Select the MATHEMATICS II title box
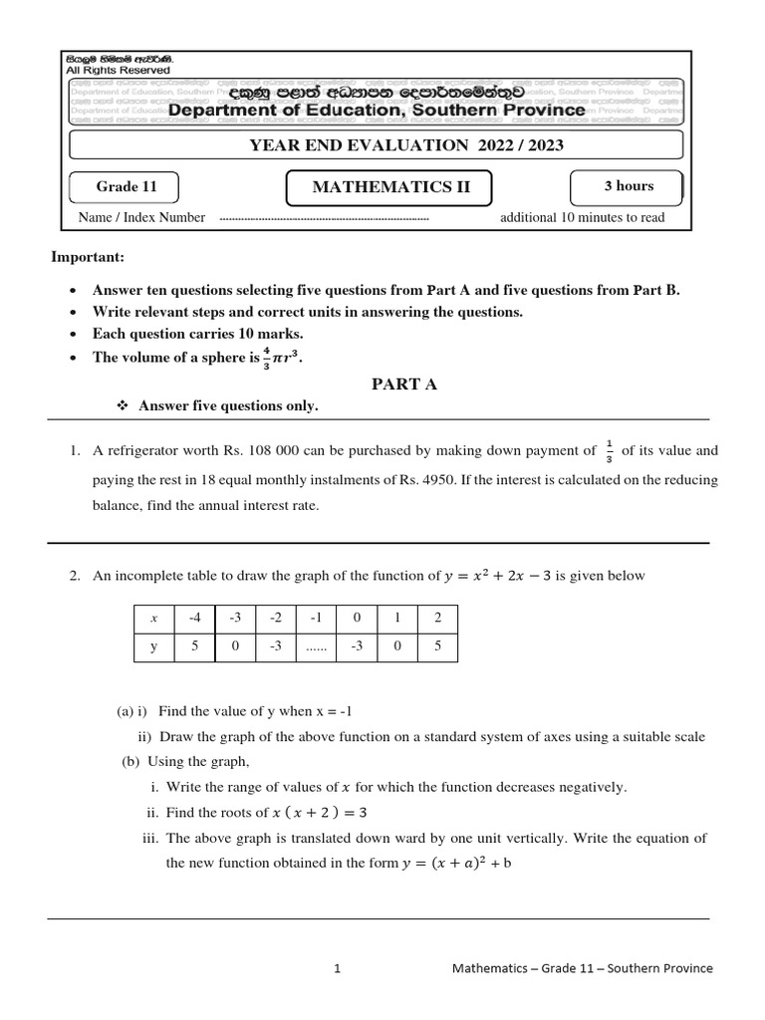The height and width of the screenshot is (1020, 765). click(391, 187)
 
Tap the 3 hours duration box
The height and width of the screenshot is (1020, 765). click(628, 186)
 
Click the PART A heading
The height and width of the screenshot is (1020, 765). click(404, 384)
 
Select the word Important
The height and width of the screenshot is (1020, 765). click(88, 258)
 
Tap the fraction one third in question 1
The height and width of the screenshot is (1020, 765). click(609, 451)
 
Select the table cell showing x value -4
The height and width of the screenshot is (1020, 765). click(195, 618)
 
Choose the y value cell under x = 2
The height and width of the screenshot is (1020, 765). click(436, 645)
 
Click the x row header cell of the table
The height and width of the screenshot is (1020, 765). click(154, 618)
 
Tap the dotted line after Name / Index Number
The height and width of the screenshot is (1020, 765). click(323, 218)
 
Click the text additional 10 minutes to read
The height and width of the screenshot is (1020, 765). click(582, 218)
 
